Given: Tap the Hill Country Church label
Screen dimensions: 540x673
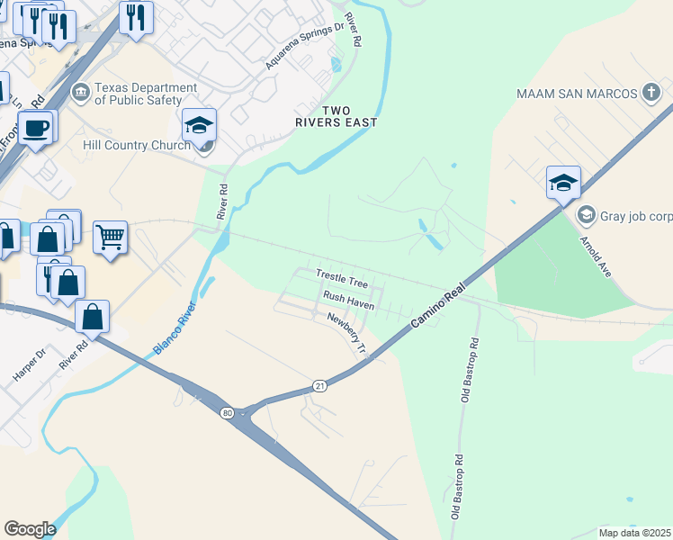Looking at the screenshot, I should (x=136, y=144).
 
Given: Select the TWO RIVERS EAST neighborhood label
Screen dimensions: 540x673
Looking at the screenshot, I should (x=336, y=115).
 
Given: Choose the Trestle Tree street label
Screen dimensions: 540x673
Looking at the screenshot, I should (x=342, y=277).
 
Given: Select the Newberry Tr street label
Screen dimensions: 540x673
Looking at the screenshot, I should (x=347, y=332).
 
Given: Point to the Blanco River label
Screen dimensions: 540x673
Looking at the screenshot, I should (x=175, y=320).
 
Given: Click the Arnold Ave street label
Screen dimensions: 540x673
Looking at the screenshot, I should (x=620, y=256).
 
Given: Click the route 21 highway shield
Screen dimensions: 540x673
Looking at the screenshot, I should (x=319, y=385).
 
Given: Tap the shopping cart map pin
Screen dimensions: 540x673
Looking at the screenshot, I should (x=110, y=238).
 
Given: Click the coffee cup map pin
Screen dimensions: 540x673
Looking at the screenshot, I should (x=35, y=128).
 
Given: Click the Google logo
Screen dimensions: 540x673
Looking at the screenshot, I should (x=30, y=528).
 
